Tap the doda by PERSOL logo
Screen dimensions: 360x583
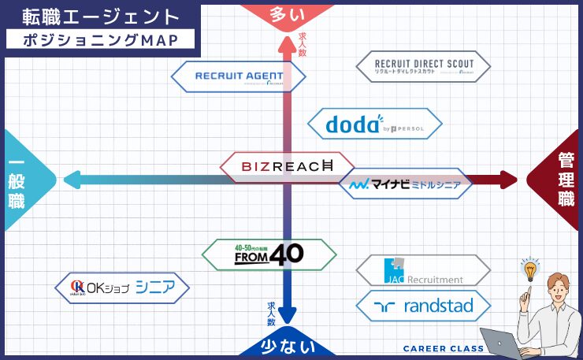click(x=373, y=124)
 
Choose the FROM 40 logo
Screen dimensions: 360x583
click(x=269, y=254)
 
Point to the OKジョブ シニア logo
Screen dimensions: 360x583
click(x=122, y=287)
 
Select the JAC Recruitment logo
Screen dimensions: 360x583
click(x=423, y=270)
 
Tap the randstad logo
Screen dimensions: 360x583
click(x=423, y=306)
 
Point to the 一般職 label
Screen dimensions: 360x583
click(x=17, y=180)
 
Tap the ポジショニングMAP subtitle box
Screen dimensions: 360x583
click(x=98, y=39)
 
